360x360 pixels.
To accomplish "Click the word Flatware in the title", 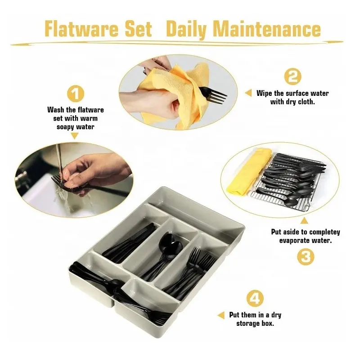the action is coord(81,29).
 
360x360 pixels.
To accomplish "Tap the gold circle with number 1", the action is coord(76,94).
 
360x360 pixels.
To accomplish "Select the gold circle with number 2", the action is coord(292,76).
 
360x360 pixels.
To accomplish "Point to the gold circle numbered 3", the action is coord(306,257).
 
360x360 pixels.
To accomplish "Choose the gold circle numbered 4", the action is coord(255,298).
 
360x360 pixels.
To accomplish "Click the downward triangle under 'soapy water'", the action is coord(75,136).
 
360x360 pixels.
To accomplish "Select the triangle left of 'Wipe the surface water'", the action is coord(248,93).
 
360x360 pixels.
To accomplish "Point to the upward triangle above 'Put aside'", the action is coord(304,220).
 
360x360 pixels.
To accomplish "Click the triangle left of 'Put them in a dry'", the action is coord(221,315).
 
